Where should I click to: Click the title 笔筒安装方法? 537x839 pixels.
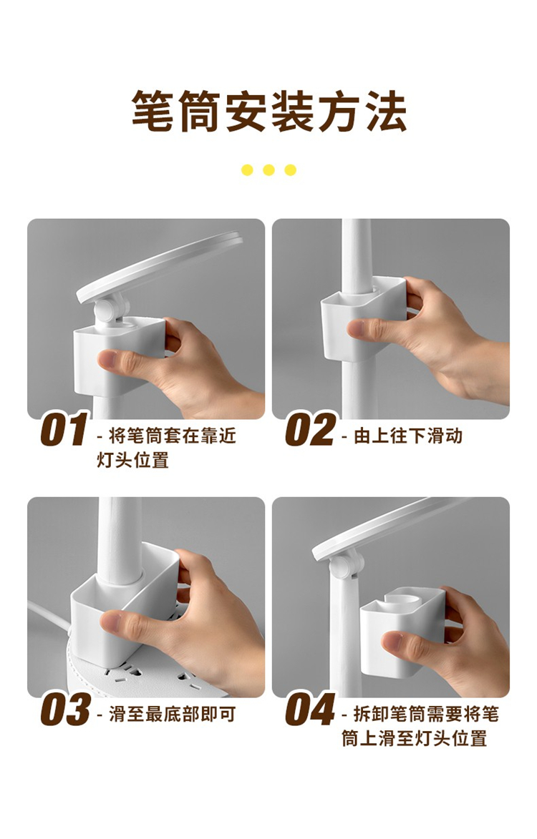268,112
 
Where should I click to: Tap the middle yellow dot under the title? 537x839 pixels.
268,170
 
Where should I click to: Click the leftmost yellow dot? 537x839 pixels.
247,170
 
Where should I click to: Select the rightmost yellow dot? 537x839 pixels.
291,170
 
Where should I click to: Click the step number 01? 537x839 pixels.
63,429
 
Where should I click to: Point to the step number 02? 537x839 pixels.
309,429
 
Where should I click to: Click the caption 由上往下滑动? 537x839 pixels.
408,436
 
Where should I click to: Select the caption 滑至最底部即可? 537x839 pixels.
173,715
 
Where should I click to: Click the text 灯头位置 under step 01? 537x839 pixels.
132,460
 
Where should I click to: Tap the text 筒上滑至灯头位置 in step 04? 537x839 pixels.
415,738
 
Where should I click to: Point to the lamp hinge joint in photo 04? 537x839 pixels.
347,564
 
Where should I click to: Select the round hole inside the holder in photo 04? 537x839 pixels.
400,601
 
